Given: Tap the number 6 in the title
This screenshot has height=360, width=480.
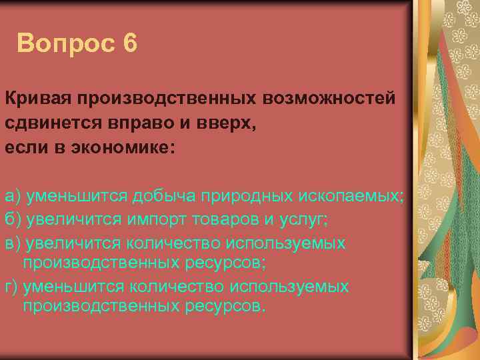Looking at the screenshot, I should click(x=129, y=44).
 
